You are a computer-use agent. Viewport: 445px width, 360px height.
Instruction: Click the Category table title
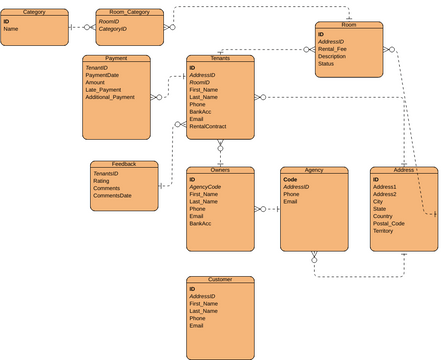coord(34,12)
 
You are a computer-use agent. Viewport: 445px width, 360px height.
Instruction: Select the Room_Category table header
coord(129,12)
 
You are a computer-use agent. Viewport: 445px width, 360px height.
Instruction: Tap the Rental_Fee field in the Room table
coord(333,48)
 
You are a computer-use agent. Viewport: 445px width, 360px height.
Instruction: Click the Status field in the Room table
coord(326,63)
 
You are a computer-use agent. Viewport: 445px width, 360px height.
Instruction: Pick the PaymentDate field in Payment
coord(104,75)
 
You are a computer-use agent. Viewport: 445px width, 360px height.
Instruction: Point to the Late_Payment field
coord(103,90)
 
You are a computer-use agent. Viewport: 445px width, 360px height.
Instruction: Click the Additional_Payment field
coord(110,97)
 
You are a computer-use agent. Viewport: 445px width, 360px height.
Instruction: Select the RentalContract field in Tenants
coord(207,127)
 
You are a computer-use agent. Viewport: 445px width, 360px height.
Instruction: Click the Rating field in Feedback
coord(102,181)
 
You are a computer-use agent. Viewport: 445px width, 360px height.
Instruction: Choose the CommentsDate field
coord(112,195)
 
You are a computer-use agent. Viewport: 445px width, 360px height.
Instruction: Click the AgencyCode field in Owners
coord(205,187)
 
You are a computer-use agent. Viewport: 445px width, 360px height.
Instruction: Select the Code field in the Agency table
coord(290,180)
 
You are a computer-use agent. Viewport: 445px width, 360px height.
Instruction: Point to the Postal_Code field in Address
coord(389,223)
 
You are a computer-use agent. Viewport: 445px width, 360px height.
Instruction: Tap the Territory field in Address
coord(384,230)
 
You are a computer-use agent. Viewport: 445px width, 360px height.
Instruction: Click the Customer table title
coord(220,280)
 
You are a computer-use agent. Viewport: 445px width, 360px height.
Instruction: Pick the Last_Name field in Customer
coord(203,311)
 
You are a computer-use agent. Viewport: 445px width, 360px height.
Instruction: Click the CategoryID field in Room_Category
coord(112,29)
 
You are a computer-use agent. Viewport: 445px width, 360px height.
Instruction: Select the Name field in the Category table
coord(11,29)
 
